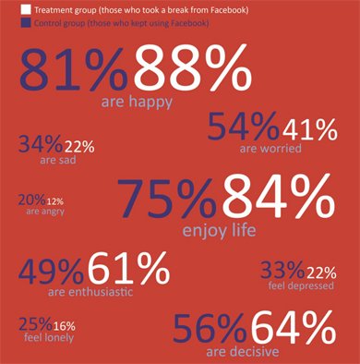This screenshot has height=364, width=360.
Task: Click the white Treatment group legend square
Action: click(26, 9)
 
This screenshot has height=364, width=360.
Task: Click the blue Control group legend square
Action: click(26, 23)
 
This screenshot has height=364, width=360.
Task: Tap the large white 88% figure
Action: click(193, 67)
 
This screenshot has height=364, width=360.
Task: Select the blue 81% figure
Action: click(73, 69)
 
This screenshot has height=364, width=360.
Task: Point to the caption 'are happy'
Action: click(137, 102)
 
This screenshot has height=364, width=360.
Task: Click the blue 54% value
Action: click(244, 127)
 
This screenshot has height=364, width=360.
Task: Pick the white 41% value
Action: click(310, 130)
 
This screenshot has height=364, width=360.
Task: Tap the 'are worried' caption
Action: click(270, 149)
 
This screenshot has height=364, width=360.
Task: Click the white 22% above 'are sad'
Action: click(79, 147)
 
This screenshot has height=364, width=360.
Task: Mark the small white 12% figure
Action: click(55, 201)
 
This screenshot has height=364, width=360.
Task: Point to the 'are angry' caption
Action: click(45, 212)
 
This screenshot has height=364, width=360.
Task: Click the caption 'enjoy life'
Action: click(219, 230)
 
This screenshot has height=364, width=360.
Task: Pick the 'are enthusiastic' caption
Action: click(90, 291)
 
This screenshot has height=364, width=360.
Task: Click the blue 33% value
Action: click(282, 270)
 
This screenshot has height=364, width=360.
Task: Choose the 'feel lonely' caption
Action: click(49, 337)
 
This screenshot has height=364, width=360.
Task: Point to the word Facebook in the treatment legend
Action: click(229, 10)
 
